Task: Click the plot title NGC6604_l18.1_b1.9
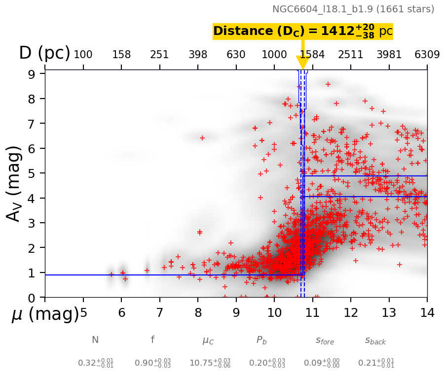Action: [x=353, y=9]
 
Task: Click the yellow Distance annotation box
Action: [x=303, y=31]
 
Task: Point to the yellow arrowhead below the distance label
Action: [x=302, y=63]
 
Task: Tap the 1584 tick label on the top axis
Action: [x=312, y=55]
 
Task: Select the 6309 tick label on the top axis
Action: [x=427, y=55]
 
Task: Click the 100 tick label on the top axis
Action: [x=83, y=55]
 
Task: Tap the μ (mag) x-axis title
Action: [x=44, y=314]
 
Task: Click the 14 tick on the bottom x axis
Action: [x=427, y=312]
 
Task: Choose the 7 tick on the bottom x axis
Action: [x=159, y=312]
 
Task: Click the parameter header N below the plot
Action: [x=95, y=340]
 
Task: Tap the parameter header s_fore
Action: [x=325, y=340]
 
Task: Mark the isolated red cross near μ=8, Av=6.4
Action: [x=202, y=138]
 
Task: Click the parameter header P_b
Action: [x=261, y=340]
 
